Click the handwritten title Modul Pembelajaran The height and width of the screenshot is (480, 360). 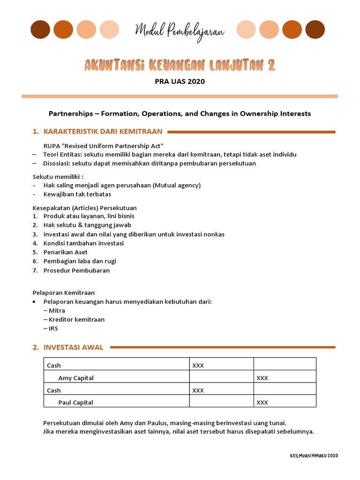(180, 31)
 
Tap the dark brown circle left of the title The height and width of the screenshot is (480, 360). (40, 30)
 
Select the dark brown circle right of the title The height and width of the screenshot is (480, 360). (315, 30)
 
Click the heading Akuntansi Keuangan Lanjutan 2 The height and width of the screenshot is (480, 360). (180, 65)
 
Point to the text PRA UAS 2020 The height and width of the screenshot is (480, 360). (180, 82)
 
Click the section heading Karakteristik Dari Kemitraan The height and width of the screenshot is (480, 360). (103, 131)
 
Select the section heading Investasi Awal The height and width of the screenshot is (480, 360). (73, 347)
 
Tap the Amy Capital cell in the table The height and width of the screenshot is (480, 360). (76, 378)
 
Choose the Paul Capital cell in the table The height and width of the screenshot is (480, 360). (76, 402)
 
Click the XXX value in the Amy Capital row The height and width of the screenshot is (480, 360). (262, 378)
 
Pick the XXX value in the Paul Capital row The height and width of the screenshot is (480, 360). (262, 402)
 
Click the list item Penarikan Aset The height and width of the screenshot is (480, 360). (65, 252)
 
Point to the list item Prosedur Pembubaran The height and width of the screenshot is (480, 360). (76, 270)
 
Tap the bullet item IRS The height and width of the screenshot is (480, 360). (53, 328)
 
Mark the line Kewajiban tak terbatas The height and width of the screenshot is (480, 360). (77, 194)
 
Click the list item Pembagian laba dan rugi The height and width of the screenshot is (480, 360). (80, 261)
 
